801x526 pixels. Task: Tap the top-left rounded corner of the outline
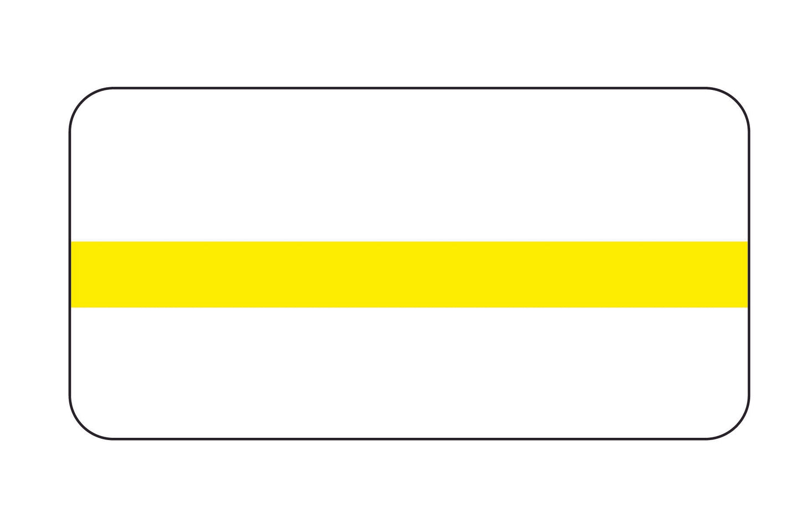point(83,101)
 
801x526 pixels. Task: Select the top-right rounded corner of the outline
point(736,101)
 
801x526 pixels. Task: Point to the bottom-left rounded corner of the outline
point(83,426)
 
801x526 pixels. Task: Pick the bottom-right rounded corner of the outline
point(736,426)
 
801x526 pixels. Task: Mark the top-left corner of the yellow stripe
point(72,242)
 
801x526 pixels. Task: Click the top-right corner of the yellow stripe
point(748,242)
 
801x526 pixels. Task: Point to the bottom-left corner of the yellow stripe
point(72,307)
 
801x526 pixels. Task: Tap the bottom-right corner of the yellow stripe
point(748,307)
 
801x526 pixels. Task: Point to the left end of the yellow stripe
point(73,274)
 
